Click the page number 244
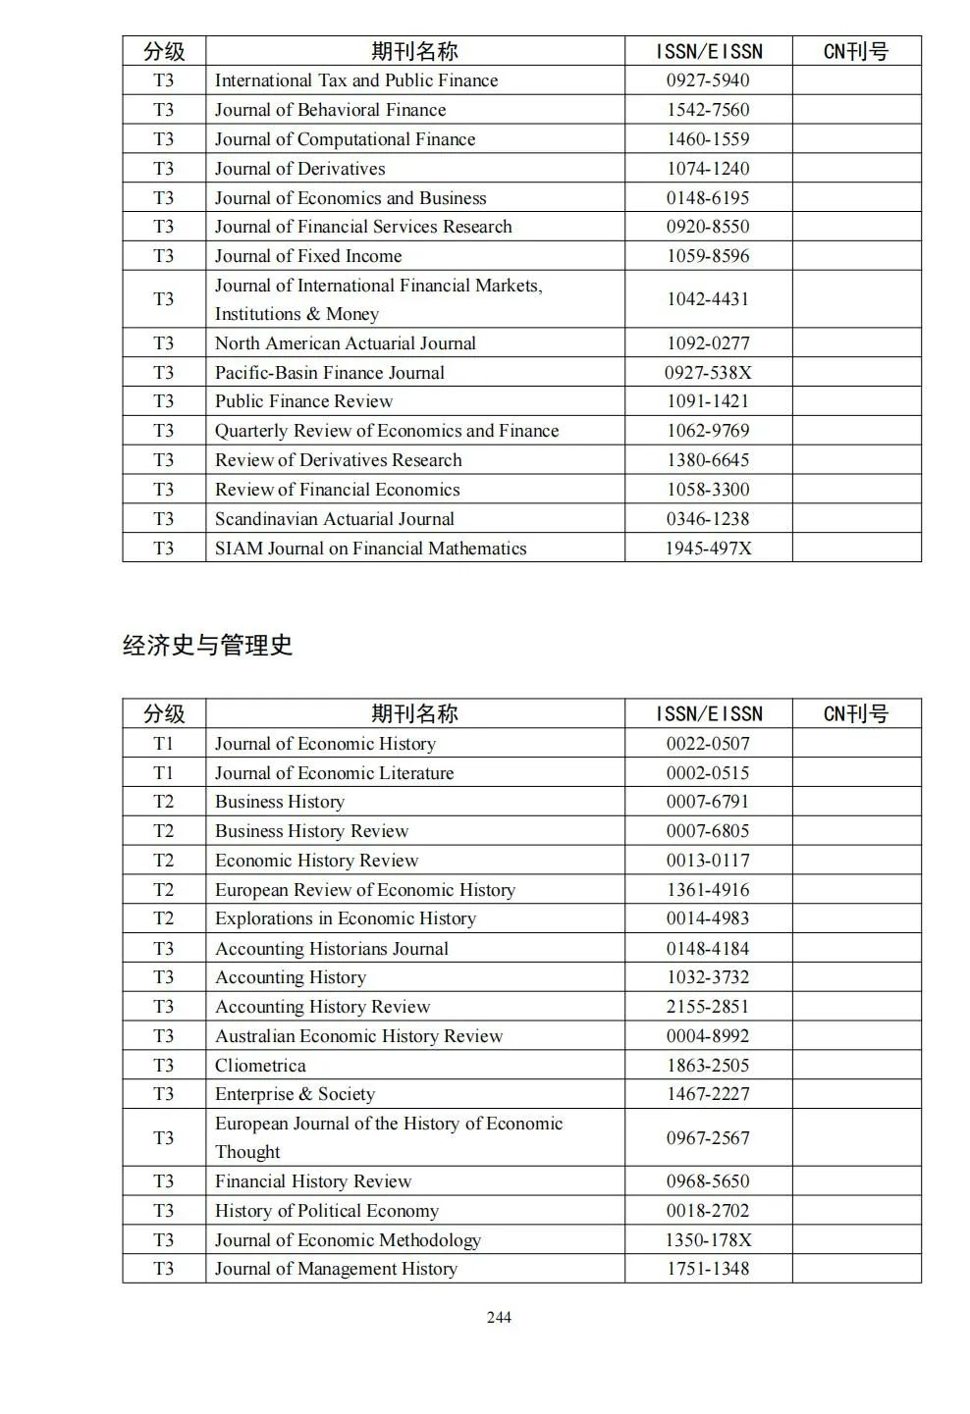point(499,1317)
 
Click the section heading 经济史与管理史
point(207,645)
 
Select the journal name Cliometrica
point(260,1065)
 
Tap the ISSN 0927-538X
point(708,372)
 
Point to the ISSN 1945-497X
point(708,548)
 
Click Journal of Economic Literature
point(334,772)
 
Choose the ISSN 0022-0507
point(708,743)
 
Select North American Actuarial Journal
point(345,342)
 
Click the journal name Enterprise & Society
point(295,1093)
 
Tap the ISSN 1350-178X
point(708,1239)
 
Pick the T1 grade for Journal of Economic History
point(163,743)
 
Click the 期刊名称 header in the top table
point(414,51)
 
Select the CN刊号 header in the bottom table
point(855,713)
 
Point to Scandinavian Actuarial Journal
point(334,518)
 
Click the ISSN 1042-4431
point(708,298)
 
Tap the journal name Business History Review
point(311,830)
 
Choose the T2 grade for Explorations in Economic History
point(163,917)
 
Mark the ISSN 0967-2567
point(708,1137)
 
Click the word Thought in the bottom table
point(247,1151)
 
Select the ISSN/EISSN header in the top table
point(708,51)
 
